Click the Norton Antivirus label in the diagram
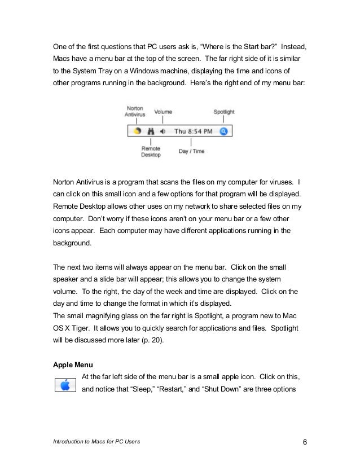click(135, 111)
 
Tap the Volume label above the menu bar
click(163, 112)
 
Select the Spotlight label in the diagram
click(224, 112)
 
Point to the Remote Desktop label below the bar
click(151, 151)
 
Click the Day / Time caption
click(192, 151)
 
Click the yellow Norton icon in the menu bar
click(137, 131)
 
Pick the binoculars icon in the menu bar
click(151, 131)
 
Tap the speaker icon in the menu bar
click(163, 131)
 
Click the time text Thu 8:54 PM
click(194, 131)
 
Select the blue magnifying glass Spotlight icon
click(224, 131)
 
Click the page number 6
click(305, 441)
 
